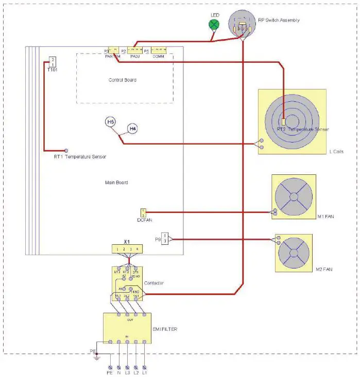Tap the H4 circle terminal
click(x=132, y=128)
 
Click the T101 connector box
click(x=52, y=62)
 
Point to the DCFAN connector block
click(x=144, y=212)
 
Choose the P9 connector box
click(x=165, y=238)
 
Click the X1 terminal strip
click(x=127, y=249)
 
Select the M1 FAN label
click(x=326, y=216)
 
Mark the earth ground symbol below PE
click(x=96, y=358)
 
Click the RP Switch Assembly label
click(x=279, y=20)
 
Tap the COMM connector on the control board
click(x=158, y=52)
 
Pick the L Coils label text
click(x=336, y=152)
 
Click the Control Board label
click(x=123, y=80)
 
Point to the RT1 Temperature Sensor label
click(x=80, y=156)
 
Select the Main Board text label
click(x=116, y=183)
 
